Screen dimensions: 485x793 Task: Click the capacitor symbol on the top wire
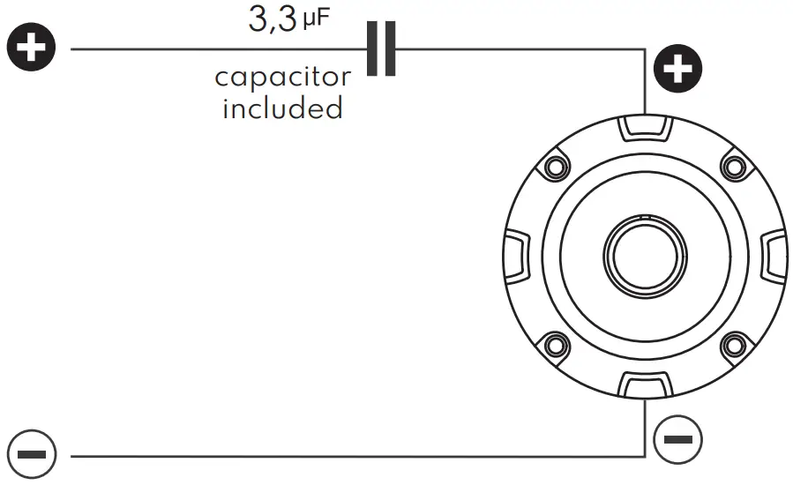381,48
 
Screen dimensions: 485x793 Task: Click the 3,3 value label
273,19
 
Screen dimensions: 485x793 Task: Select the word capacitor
282,78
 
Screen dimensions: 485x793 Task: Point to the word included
282,108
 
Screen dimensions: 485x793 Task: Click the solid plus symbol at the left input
32,48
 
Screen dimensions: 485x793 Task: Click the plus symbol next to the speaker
677,69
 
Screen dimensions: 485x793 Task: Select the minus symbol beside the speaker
677,437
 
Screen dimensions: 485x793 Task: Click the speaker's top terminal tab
645,129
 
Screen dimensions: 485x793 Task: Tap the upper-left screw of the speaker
555,166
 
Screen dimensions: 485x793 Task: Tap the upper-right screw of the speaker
734,166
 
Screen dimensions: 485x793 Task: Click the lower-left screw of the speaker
555,345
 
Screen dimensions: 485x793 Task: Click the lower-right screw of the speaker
734,345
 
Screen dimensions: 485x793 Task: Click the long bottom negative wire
353,456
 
